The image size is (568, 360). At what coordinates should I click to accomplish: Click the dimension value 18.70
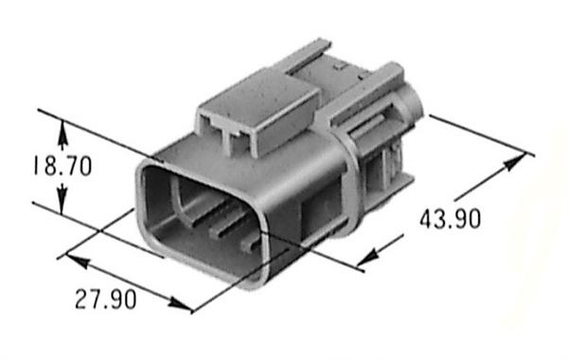click(62, 166)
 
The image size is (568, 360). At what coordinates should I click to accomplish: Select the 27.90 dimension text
click(106, 299)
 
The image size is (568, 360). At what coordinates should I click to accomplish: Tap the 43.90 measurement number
click(451, 220)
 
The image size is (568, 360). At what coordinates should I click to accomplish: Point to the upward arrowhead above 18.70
click(62, 135)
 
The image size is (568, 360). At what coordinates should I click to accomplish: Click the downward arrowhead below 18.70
click(62, 199)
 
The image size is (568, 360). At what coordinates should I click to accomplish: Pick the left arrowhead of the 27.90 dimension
click(78, 261)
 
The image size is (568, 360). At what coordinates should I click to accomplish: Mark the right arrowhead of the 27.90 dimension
click(180, 304)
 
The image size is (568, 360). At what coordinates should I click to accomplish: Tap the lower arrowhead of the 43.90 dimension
click(368, 258)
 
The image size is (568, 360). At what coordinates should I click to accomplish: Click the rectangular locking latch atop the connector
click(259, 113)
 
